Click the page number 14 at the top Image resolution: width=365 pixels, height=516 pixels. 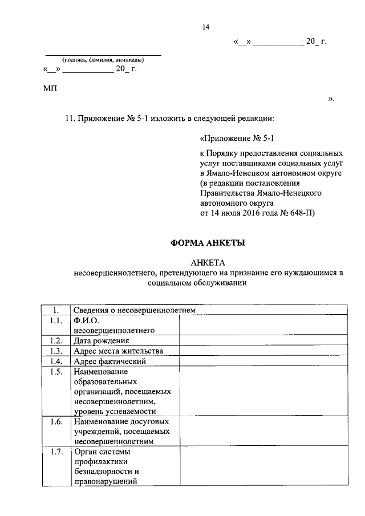point(206,26)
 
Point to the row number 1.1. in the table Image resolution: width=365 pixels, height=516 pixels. point(55,320)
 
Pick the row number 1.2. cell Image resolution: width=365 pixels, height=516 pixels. point(55,340)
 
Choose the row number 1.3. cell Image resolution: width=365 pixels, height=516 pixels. point(55,351)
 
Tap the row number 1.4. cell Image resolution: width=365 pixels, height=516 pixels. point(55,361)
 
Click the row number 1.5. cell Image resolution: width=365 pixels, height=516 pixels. point(55,372)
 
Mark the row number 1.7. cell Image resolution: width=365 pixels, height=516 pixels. point(55,452)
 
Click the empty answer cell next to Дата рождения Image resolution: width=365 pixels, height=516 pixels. point(263,340)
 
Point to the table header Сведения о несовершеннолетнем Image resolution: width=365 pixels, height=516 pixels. point(135,310)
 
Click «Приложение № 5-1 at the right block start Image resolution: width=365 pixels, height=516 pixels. point(239,139)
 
